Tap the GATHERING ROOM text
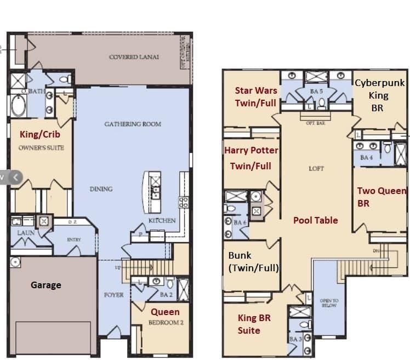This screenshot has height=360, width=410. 133,124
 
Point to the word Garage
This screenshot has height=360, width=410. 45,285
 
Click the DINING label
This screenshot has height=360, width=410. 101,189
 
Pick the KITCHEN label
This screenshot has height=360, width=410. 162,220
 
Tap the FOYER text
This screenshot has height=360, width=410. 113,295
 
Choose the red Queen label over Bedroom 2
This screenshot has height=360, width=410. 165,312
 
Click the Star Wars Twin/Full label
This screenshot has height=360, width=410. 255,96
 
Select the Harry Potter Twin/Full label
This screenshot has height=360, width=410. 251,158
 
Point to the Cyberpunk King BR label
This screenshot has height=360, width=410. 379,95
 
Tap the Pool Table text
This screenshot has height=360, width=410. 315,220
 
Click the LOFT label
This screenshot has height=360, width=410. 316,169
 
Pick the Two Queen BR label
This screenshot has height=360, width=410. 381,197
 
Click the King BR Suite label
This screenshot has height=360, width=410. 254,324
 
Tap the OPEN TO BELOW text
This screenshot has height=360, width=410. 329,303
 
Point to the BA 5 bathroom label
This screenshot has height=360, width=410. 316,92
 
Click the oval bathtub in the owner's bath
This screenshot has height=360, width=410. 18,106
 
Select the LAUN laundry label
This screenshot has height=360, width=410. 26,232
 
